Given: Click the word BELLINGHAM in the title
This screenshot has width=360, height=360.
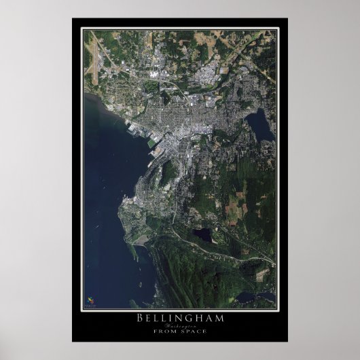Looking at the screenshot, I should [179, 318].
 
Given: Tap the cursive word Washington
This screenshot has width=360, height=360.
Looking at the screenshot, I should [179, 326].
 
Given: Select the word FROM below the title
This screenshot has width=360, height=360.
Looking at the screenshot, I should [166, 332].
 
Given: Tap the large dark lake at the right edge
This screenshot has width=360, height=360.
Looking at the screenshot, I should [259, 124].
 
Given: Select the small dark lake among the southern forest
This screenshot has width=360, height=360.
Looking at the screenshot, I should [202, 235].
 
